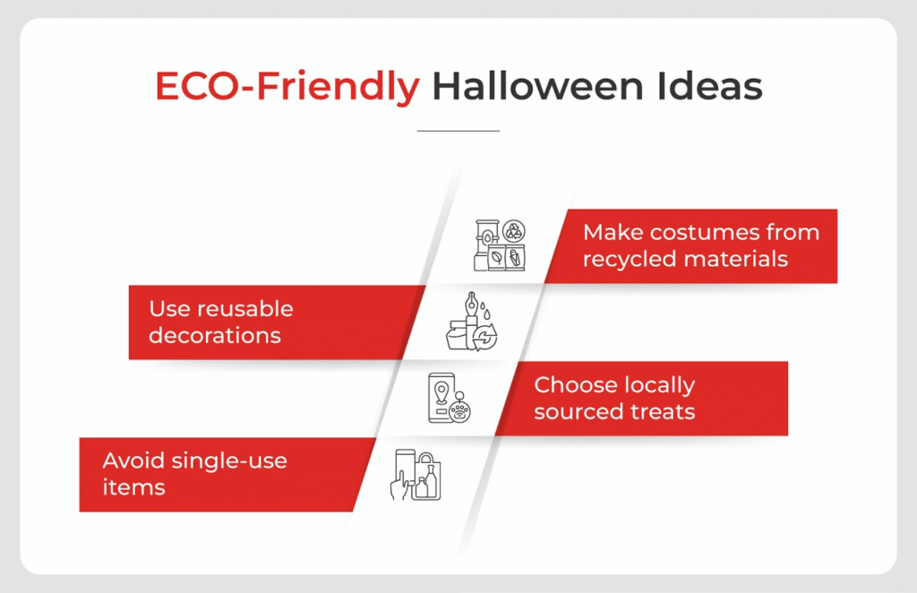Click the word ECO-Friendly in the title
(287, 87)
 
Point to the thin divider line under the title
(458, 131)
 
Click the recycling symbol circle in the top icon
(515, 231)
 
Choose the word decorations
(215, 336)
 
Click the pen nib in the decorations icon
(472, 301)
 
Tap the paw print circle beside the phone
(460, 410)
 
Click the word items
(134, 487)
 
